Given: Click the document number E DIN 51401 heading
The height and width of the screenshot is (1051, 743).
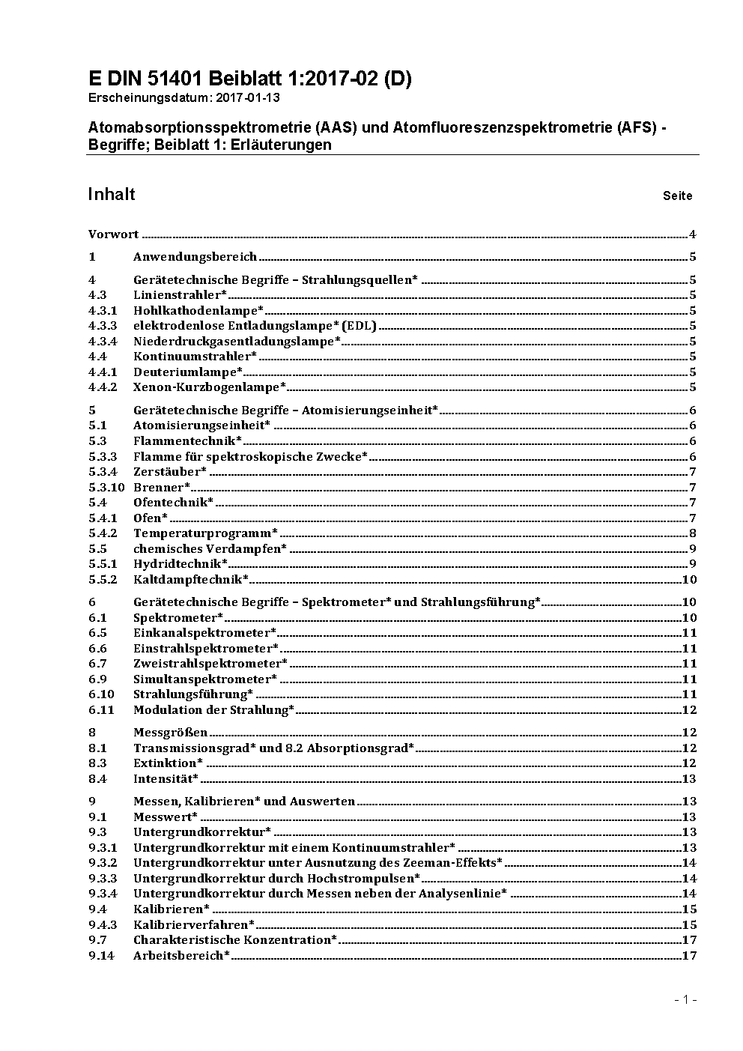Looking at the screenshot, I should [249, 79].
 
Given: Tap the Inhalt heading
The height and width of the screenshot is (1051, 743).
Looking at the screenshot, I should [112, 194].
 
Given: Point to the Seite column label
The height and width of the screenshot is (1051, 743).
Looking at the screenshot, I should [677, 196].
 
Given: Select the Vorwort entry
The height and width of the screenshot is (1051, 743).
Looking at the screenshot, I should [113, 234].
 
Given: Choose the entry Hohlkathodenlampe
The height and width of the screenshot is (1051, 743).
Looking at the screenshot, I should [198, 310].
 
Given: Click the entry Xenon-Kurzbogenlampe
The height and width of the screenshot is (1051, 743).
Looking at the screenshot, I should [210, 387].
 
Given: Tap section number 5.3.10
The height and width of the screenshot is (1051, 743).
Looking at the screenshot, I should [106, 487].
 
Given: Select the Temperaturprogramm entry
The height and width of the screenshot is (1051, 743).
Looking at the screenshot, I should [205, 533].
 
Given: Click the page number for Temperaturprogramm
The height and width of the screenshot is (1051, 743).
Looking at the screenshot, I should [693, 533].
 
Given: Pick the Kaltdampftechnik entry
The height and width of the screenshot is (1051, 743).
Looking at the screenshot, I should [191, 579].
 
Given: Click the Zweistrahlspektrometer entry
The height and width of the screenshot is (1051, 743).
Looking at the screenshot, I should [210, 664].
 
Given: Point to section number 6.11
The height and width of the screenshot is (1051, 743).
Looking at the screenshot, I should [101, 709].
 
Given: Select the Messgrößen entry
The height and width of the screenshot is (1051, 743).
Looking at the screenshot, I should [171, 733].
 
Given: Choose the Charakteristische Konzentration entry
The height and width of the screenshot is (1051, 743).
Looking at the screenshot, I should [235, 940].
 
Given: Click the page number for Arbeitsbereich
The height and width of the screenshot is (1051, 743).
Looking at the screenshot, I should [690, 955].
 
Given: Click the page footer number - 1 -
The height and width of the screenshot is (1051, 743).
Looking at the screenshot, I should [685, 999].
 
